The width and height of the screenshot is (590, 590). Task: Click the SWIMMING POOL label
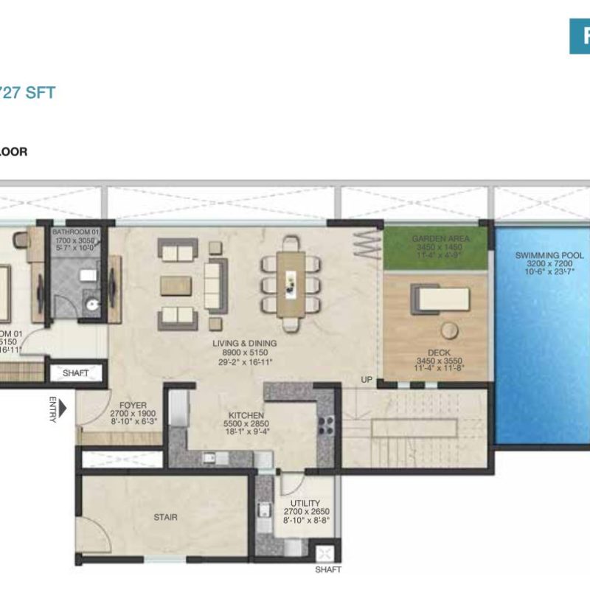pos(549,256)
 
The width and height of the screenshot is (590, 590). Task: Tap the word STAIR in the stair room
pos(165,517)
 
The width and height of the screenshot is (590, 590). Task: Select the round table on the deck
pos(448,330)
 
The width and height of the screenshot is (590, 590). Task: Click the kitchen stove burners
pos(325,426)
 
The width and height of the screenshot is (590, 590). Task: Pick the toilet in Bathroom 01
pos(91,302)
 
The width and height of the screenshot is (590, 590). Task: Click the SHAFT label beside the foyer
pos(76,373)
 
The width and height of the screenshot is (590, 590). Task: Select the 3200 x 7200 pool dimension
pos(549,265)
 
